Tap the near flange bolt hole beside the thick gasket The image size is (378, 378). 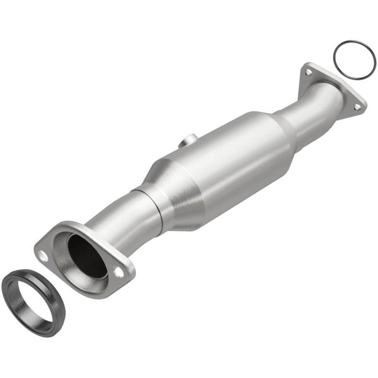click(x=43, y=258)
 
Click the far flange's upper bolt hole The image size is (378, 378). click(x=308, y=72)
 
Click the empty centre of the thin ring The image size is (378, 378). click(x=354, y=60)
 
